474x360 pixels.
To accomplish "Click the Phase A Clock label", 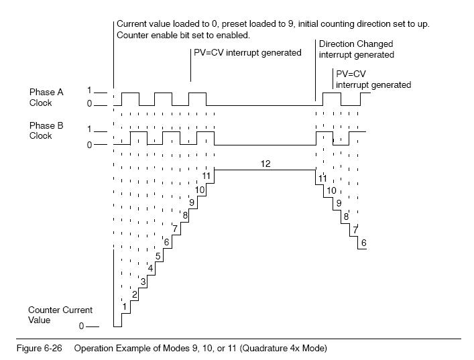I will (46, 97).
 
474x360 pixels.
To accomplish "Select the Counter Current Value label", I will (60, 315).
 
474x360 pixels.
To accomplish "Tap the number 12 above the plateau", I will (265, 163).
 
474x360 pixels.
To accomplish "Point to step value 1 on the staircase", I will (125, 306).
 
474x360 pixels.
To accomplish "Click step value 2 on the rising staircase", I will (134, 294).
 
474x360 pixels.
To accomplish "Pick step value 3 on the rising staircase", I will (143, 282).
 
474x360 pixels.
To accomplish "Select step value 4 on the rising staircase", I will (151, 268).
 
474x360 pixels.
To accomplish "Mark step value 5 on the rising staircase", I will (158, 255).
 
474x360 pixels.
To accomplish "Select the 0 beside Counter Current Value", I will (82, 326).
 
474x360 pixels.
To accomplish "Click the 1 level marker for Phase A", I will (89, 90).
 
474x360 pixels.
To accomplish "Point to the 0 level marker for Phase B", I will (89, 145).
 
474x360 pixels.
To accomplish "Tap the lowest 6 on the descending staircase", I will (363, 242).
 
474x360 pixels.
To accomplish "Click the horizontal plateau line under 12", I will (265, 170).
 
